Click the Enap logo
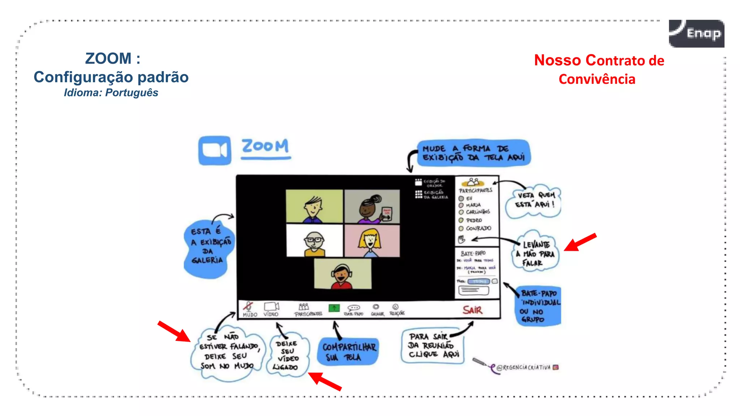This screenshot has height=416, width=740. [x=696, y=34]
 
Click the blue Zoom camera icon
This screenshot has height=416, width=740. [x=215, y=150]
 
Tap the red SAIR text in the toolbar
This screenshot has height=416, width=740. [x=472, y=310]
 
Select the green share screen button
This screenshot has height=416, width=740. [x=334, y=308]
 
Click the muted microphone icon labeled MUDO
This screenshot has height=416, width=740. [x=249, y=307]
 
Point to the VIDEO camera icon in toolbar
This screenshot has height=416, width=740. [x=271, y=307]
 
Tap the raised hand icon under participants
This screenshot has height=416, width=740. [x=461, y=239]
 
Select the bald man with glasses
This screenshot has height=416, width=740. [x=314, y=241]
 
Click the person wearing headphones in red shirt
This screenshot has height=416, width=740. [x=342, y=275]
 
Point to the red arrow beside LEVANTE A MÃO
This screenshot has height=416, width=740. [x=580, y=242]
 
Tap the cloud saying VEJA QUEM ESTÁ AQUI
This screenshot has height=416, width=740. [x=534, y=200]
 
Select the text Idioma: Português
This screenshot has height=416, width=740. [x=111, y=93]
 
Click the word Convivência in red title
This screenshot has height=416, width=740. [x=597, y=79]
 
